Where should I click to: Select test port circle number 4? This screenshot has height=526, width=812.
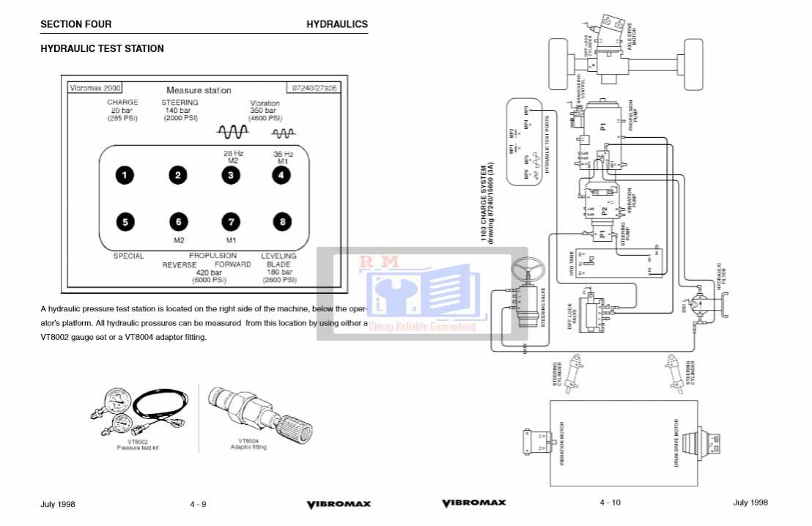coord(281,175)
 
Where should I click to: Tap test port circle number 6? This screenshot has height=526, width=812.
coord(177,221)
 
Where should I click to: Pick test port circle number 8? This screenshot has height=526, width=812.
coord(281,221)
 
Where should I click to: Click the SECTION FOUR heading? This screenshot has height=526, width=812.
coord(76,24)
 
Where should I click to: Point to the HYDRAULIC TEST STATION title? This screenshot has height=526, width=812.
coord(102,48)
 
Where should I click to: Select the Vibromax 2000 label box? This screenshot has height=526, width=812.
coord(93,87)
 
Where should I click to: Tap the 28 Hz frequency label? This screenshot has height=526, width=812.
coord(233,153)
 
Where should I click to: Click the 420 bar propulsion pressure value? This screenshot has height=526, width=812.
coord(209,273)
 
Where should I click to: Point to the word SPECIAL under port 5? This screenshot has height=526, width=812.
coord(128,256)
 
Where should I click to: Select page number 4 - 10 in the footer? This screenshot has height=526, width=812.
coord(610,503)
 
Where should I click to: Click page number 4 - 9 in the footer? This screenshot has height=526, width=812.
coord(198,504)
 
